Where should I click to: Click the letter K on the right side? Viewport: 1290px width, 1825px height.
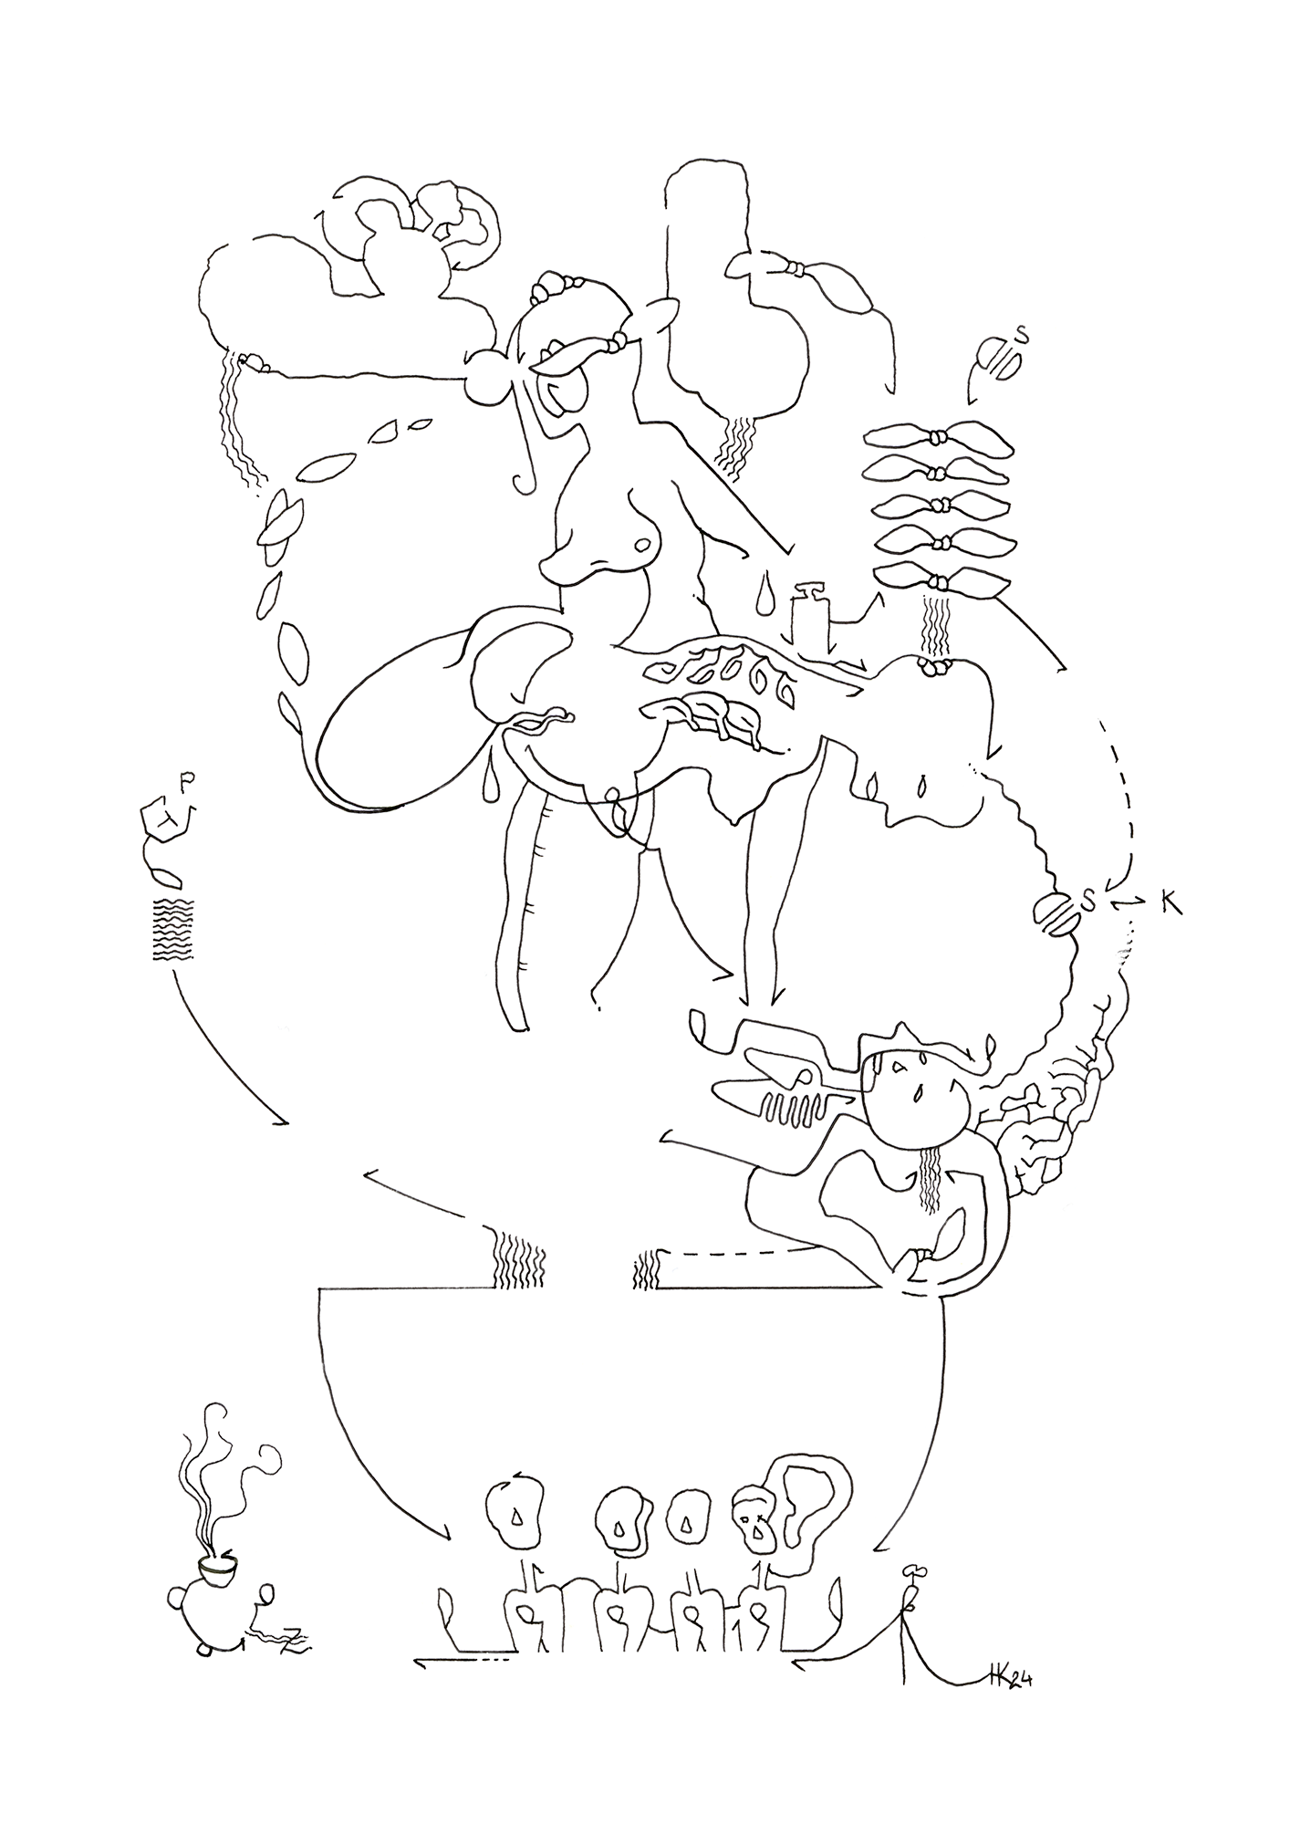coord(1170,902)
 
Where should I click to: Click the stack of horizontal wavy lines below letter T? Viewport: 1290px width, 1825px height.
coord(172,929)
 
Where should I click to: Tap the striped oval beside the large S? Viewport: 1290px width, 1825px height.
coord(1057,914)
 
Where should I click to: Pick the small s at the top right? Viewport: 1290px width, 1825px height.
coord(1023,337)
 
